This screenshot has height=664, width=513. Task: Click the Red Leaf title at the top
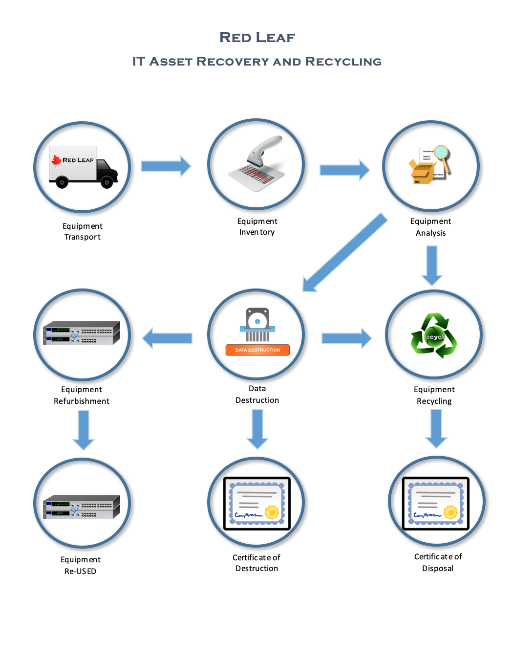pyautogui.click(x=257, y=38)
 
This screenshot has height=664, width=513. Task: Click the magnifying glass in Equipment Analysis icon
pyautogui.click(x=442, y=153)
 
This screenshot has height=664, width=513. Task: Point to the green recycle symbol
pyautogui.click(x=434, y=336)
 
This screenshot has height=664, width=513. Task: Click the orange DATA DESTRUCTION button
pyautogui.click(x=257, y=350)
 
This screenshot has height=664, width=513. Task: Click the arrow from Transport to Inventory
pyautogui.click(x=166, y=166)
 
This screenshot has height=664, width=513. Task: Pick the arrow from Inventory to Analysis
pyautogui.click(x=344, y=170)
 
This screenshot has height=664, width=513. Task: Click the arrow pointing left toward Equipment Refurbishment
pyautogui.click(x=167, y=338)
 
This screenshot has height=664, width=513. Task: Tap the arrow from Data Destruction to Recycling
pyautogui.click(x=346, y=338)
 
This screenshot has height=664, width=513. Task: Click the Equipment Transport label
pyautogui.click(x=83, y=231)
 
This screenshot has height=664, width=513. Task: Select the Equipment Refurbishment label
pyautogui.click(x=82, y=395)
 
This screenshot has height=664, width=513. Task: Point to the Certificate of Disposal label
pyautogui.click(x=438, y=562)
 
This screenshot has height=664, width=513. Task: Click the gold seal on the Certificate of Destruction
pyautogui.click(x=272, y=512)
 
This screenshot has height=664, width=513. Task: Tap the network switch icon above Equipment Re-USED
pyautogui.click(x=82, y=507)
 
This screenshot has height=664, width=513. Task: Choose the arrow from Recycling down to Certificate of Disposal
pyautogui.click(x=436, y=428)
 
